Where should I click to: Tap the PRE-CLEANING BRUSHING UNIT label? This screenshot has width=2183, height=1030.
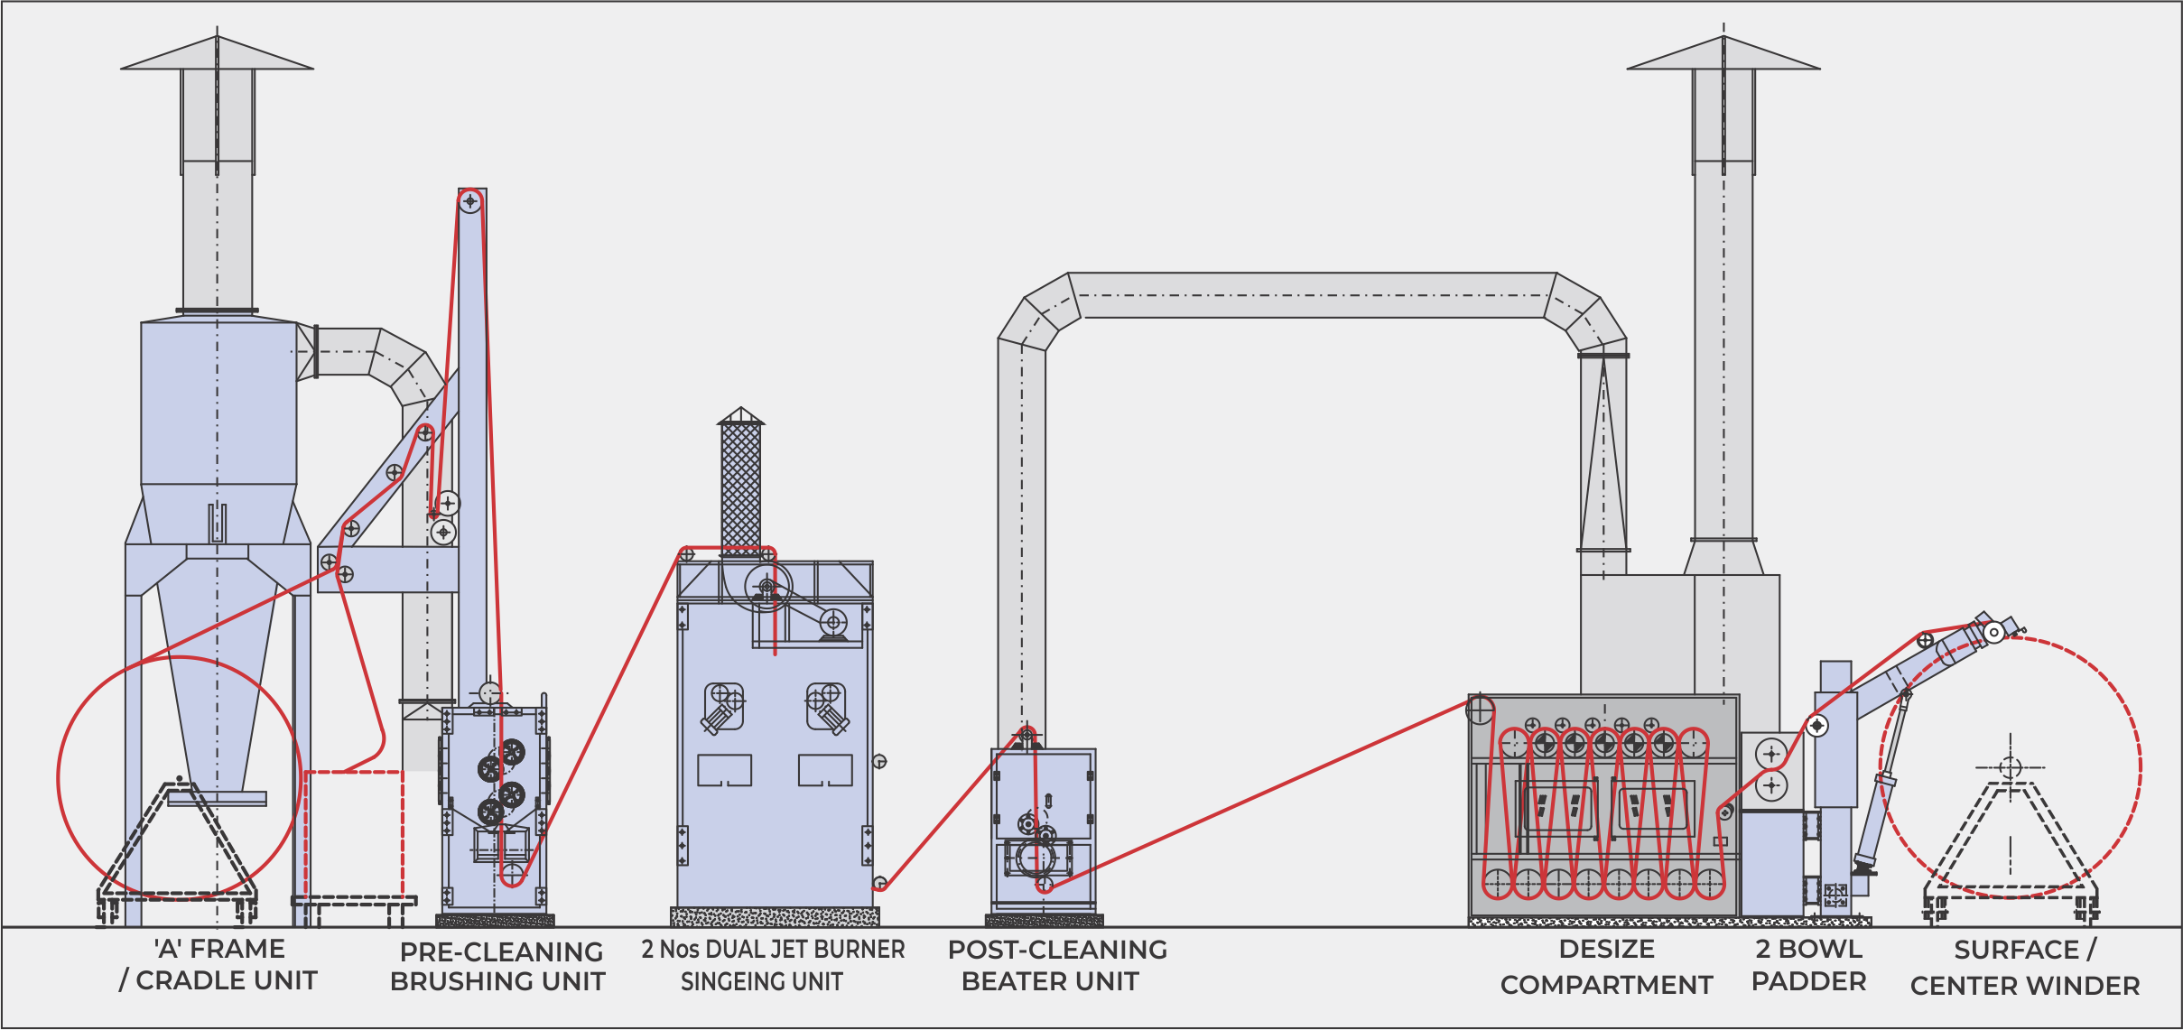[x=499, y=966]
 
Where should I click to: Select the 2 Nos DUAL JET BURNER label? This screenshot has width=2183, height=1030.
[x=773, y=951]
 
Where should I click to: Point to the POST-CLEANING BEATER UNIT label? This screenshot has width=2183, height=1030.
[x=1056, y=965]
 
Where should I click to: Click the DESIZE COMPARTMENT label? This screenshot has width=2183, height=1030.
[x=1606, y=967]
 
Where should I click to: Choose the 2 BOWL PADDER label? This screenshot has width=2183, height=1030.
[x=1808, y=965]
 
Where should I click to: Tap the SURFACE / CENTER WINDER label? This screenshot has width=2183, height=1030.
[x=2025, y=968]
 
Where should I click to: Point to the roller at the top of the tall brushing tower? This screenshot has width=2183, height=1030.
[x=469, y=201]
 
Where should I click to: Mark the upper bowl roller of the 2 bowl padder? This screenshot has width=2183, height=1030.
[x=1771, y=754]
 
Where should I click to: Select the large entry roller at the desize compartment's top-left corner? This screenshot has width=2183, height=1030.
[x=1480, y=710]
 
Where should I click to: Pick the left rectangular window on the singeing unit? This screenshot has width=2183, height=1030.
[x=724, y=770]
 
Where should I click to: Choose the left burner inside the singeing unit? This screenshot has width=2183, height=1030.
[x=722, y=710]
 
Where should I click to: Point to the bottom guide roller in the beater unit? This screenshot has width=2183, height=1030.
[x=1044, y=885]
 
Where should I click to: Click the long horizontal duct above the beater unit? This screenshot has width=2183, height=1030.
[x=1309, y=295]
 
